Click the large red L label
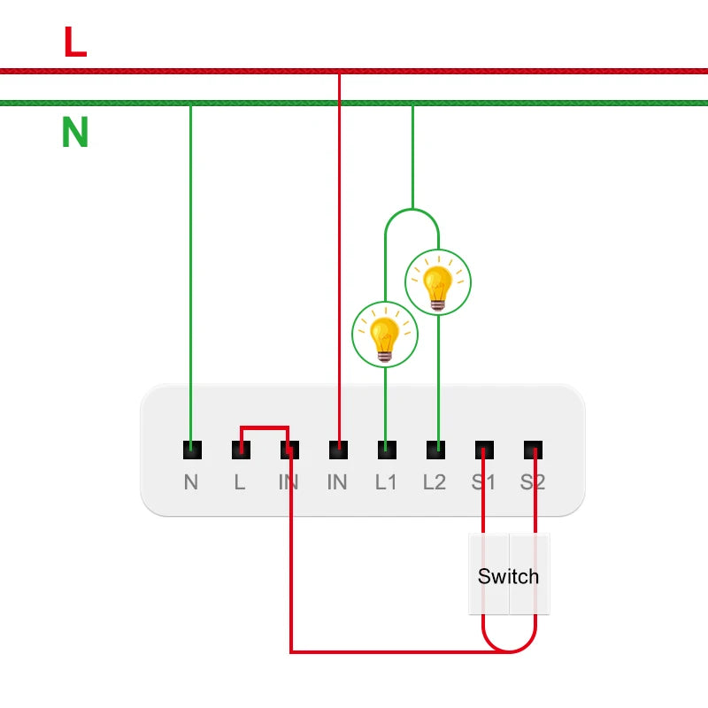75,42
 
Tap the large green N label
75,133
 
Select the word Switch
508,577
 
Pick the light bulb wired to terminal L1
385,334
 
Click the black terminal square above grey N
191,450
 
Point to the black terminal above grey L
240,450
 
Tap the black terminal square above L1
386,450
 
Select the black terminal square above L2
435,450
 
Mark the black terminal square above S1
484,450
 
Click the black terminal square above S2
533,450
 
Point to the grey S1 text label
484,482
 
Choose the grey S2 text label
533,482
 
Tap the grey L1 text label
386,482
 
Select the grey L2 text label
435,482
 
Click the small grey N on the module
191,482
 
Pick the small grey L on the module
240,482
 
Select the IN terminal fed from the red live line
337,450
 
